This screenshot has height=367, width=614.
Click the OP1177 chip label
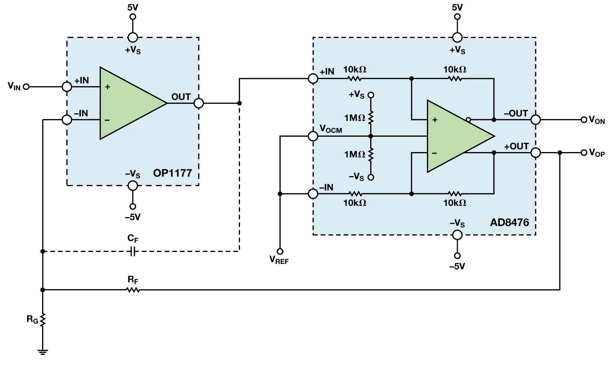click(172, 173)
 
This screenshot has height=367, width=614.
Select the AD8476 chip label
click(509, 222)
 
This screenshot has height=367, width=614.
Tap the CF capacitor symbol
click(133, 251)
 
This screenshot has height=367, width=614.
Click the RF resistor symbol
click(133, 290)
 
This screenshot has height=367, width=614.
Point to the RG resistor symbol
click(43, 320)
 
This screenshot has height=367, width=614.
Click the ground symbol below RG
click(43, 352)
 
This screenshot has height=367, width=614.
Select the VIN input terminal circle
click(26, 87)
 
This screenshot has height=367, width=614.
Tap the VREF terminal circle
click(280, 251)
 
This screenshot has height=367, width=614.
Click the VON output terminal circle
click(584, 120)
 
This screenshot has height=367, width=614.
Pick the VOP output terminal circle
click(584, 153)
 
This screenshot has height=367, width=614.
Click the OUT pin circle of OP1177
click(198, 103)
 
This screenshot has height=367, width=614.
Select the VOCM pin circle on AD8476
click(313, 136)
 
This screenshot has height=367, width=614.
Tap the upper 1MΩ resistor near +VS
click(371, 117)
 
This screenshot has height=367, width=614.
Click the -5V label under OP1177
click(132, 217)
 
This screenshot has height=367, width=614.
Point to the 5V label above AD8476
click(457, 7)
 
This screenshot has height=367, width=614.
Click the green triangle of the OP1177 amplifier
click(128, 103)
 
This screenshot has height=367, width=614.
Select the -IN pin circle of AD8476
click(313, 194)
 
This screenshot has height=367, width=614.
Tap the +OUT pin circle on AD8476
click(535, 153)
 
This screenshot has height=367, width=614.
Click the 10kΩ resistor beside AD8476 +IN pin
click(354, 78)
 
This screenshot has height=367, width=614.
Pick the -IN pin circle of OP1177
click(67, 120)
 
